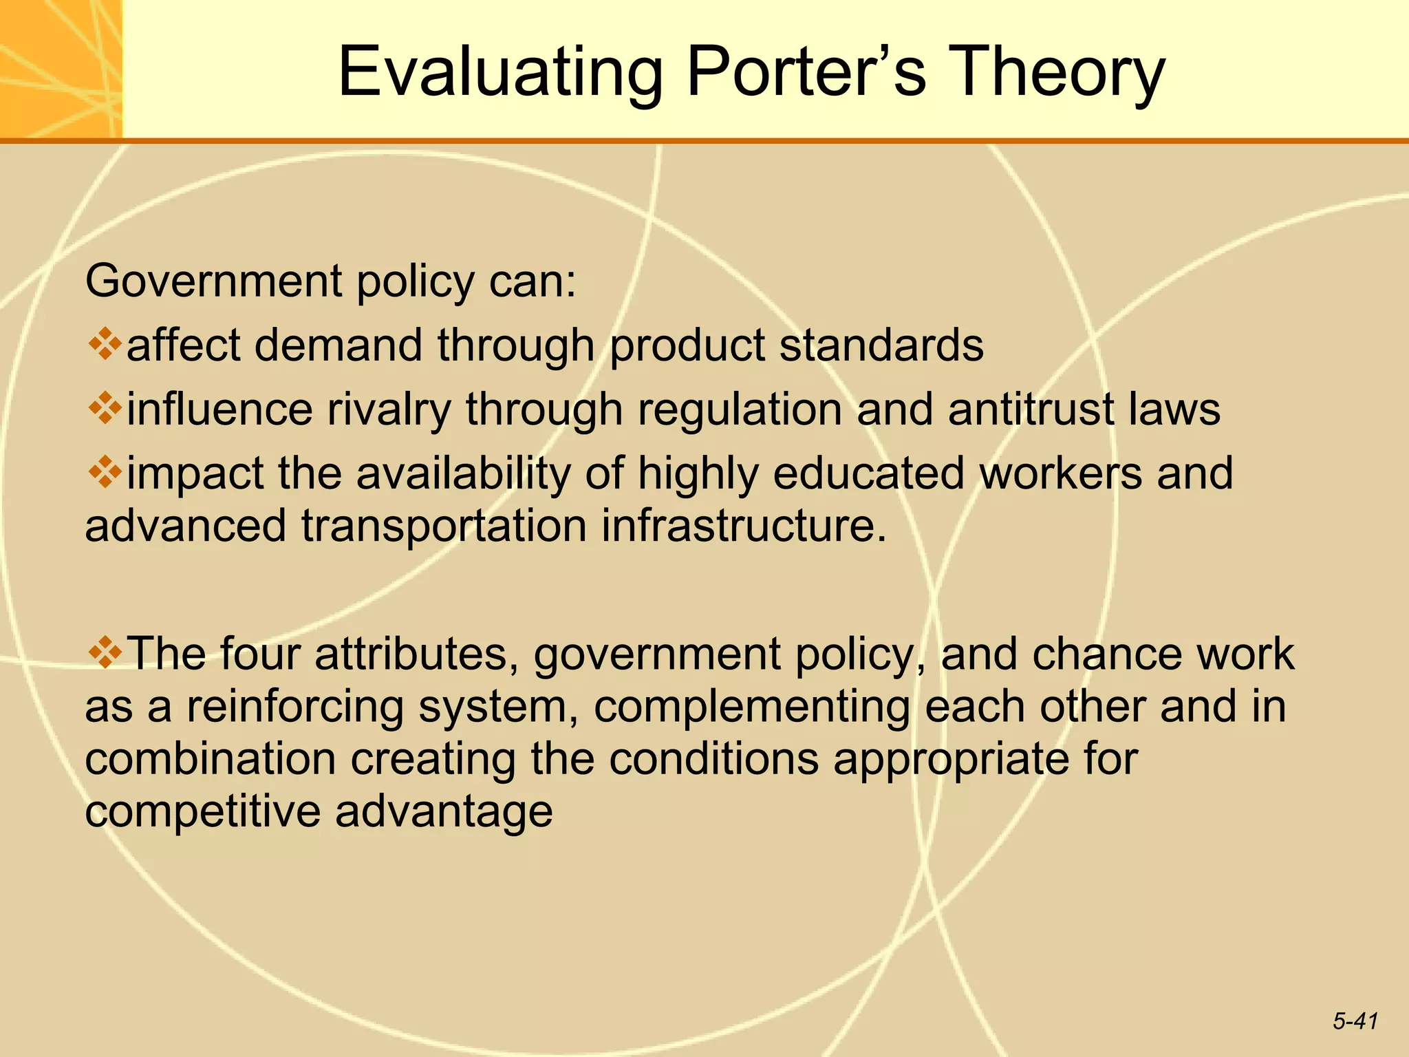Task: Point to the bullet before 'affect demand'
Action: [x=105, y=343]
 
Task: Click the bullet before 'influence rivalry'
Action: [x=105, y=407]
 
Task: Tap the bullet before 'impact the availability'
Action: [x=105, y=472]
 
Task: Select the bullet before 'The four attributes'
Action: [x=105, y=652]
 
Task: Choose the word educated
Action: [x=868, y=473]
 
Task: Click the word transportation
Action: [x=444, y=527]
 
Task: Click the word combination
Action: [x=211, y=758]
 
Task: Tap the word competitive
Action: [x=202, y=812]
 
